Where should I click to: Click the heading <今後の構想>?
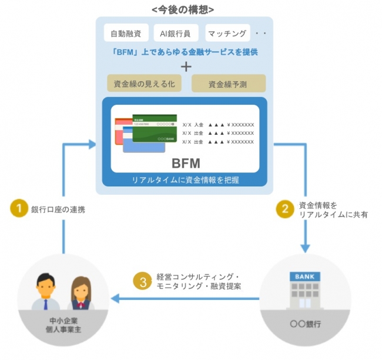[183, 9]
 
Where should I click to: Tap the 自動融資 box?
[125, 34]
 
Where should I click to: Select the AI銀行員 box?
[176, 34]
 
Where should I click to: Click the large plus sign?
[186, 66]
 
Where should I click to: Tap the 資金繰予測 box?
[229, 84]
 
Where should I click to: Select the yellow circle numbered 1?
[19, 209]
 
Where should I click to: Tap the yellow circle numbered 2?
[286, 209]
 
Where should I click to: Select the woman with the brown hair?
[81, 292]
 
